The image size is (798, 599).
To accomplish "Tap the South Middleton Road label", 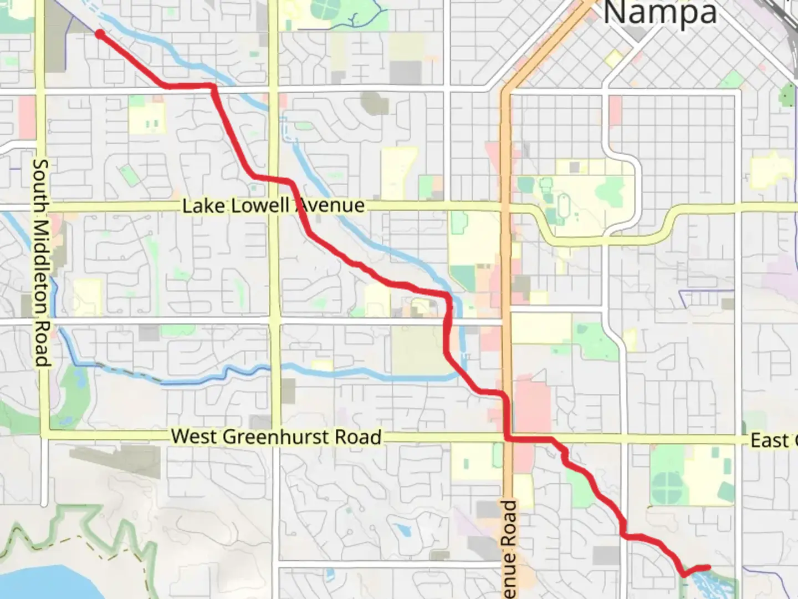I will (42, 263).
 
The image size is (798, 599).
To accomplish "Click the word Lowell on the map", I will (259, 206).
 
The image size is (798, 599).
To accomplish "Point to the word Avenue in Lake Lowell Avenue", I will (331, 206).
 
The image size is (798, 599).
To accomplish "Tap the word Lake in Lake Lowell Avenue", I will (203, 206).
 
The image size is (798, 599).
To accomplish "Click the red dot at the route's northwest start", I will (100, 34).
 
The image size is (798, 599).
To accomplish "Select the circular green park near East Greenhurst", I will (667, 488).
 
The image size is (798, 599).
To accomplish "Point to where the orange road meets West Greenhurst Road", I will (508, 438).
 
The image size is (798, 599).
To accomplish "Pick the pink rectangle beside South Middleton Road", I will (26, 117).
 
